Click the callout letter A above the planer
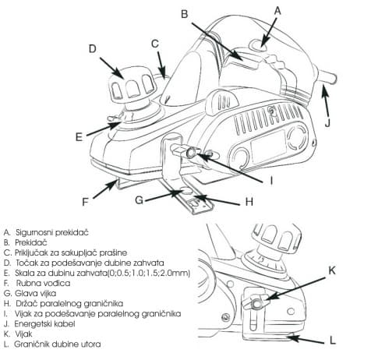pos(277,11)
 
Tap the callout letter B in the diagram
pos(184,14)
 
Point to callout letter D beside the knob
pos(93,49)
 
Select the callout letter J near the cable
pos(327,122)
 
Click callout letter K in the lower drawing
pos(332,270)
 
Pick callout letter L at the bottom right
pos(333,341)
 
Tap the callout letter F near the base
pos(85,202)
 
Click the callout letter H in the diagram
pos(249,202)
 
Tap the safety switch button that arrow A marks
pos(258,45)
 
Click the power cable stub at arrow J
pos(328,78)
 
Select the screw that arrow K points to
pos(256,303)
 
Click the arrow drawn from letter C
pos(161,64)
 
